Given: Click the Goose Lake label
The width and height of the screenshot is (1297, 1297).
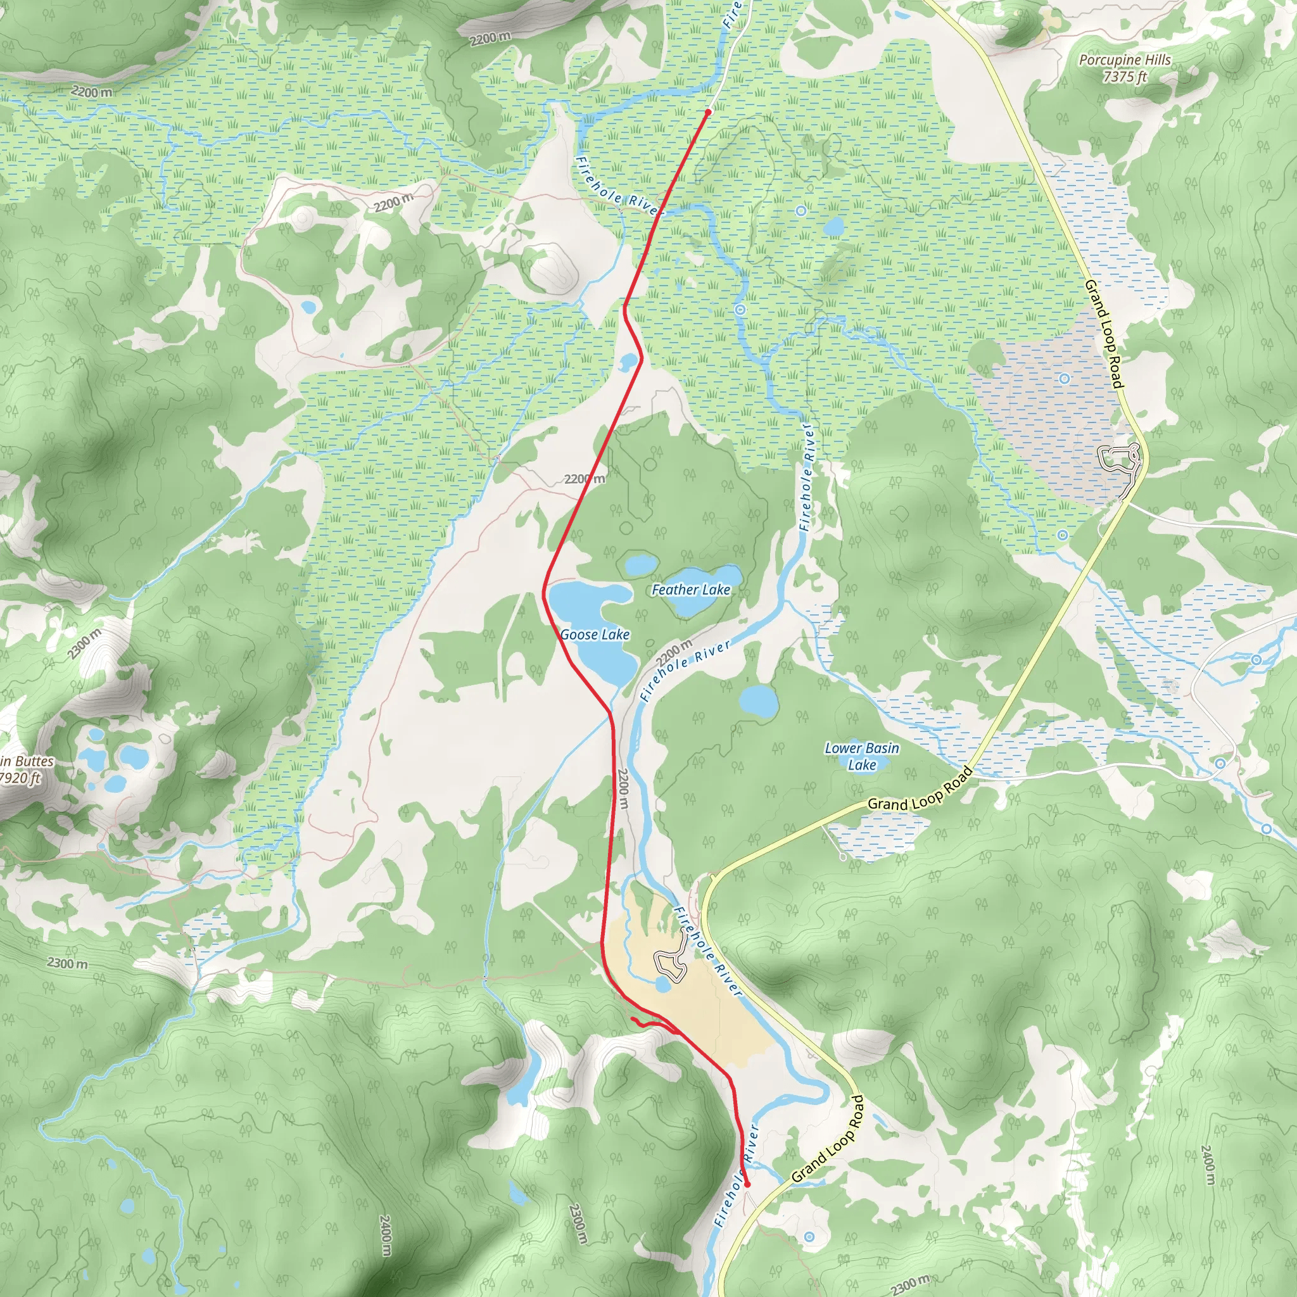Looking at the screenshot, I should point(595,635).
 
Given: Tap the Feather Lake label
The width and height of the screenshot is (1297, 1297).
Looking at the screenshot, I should point(691,590).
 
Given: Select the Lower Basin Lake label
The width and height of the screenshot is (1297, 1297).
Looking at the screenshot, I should point(862,756).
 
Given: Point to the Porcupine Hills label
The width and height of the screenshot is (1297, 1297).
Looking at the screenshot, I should point(1125,60).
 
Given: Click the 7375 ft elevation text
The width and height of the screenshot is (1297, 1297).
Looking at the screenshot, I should point(1125,77).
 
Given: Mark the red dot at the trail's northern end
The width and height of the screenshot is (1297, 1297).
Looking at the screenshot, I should point(707,112).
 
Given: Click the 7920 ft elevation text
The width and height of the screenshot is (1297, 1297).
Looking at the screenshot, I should point(20,778).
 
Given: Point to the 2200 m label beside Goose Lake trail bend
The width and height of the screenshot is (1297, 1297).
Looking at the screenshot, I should point(584,479).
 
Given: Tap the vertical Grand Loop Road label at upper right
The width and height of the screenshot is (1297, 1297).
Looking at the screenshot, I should point(1104,334).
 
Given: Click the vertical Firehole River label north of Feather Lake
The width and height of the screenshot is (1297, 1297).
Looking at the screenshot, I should point(807,478).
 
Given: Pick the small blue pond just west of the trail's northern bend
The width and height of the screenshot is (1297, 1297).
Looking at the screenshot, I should point(628,362).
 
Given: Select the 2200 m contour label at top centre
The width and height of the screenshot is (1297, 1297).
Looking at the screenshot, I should point(490,38).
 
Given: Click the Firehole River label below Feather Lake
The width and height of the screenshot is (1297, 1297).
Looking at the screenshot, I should point(685,671).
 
